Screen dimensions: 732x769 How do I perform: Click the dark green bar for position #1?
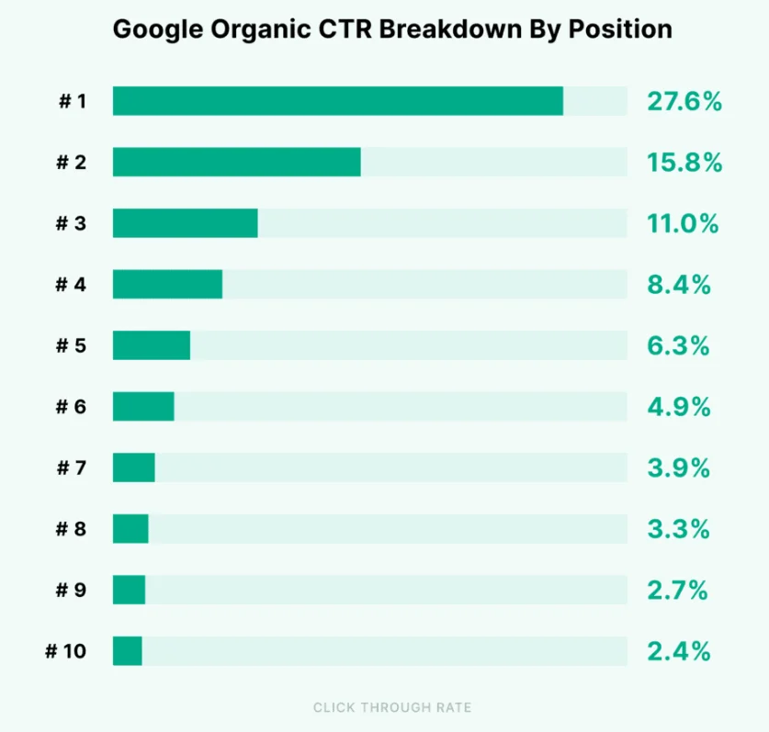337,101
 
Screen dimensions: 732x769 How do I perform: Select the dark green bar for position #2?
236,162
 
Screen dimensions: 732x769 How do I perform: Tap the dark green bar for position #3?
185,223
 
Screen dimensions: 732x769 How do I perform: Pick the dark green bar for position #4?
167,285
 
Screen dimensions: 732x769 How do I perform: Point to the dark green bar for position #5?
152,345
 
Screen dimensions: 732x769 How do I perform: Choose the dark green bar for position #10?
128,651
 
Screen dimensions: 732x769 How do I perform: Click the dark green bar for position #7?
134,467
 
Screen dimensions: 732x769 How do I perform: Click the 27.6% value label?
684,101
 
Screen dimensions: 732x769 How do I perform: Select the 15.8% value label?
684,163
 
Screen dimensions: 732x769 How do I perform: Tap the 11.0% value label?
682,223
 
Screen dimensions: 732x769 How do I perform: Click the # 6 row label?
71,407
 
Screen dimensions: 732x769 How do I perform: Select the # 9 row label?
71,591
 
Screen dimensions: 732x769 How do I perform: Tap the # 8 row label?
71,529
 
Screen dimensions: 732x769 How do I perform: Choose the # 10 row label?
66,651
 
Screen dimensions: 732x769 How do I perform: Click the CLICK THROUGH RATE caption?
392,707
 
